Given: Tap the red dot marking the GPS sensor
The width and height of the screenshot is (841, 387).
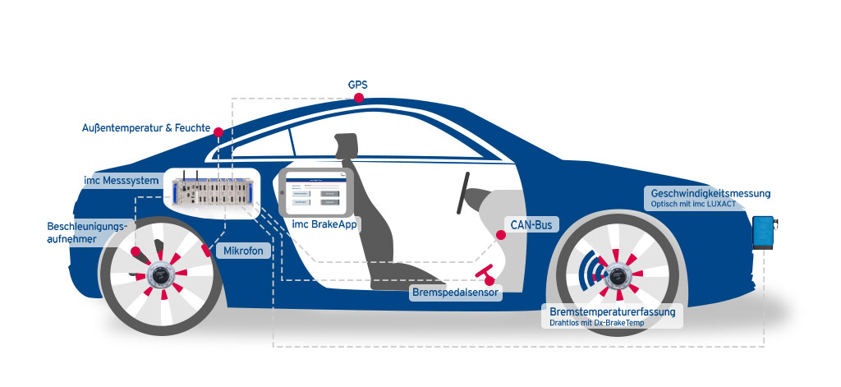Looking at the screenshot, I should click(359, 99).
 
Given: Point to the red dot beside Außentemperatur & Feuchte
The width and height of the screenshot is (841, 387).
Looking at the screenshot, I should click(218, 131).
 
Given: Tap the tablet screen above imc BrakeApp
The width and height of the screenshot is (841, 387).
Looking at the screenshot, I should click(315, 193).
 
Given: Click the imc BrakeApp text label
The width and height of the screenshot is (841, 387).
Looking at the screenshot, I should click(324, 224).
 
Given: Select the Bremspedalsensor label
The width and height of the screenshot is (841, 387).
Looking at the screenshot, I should click(457, 291).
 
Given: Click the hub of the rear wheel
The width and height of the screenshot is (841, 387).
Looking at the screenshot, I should click(159, 276).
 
